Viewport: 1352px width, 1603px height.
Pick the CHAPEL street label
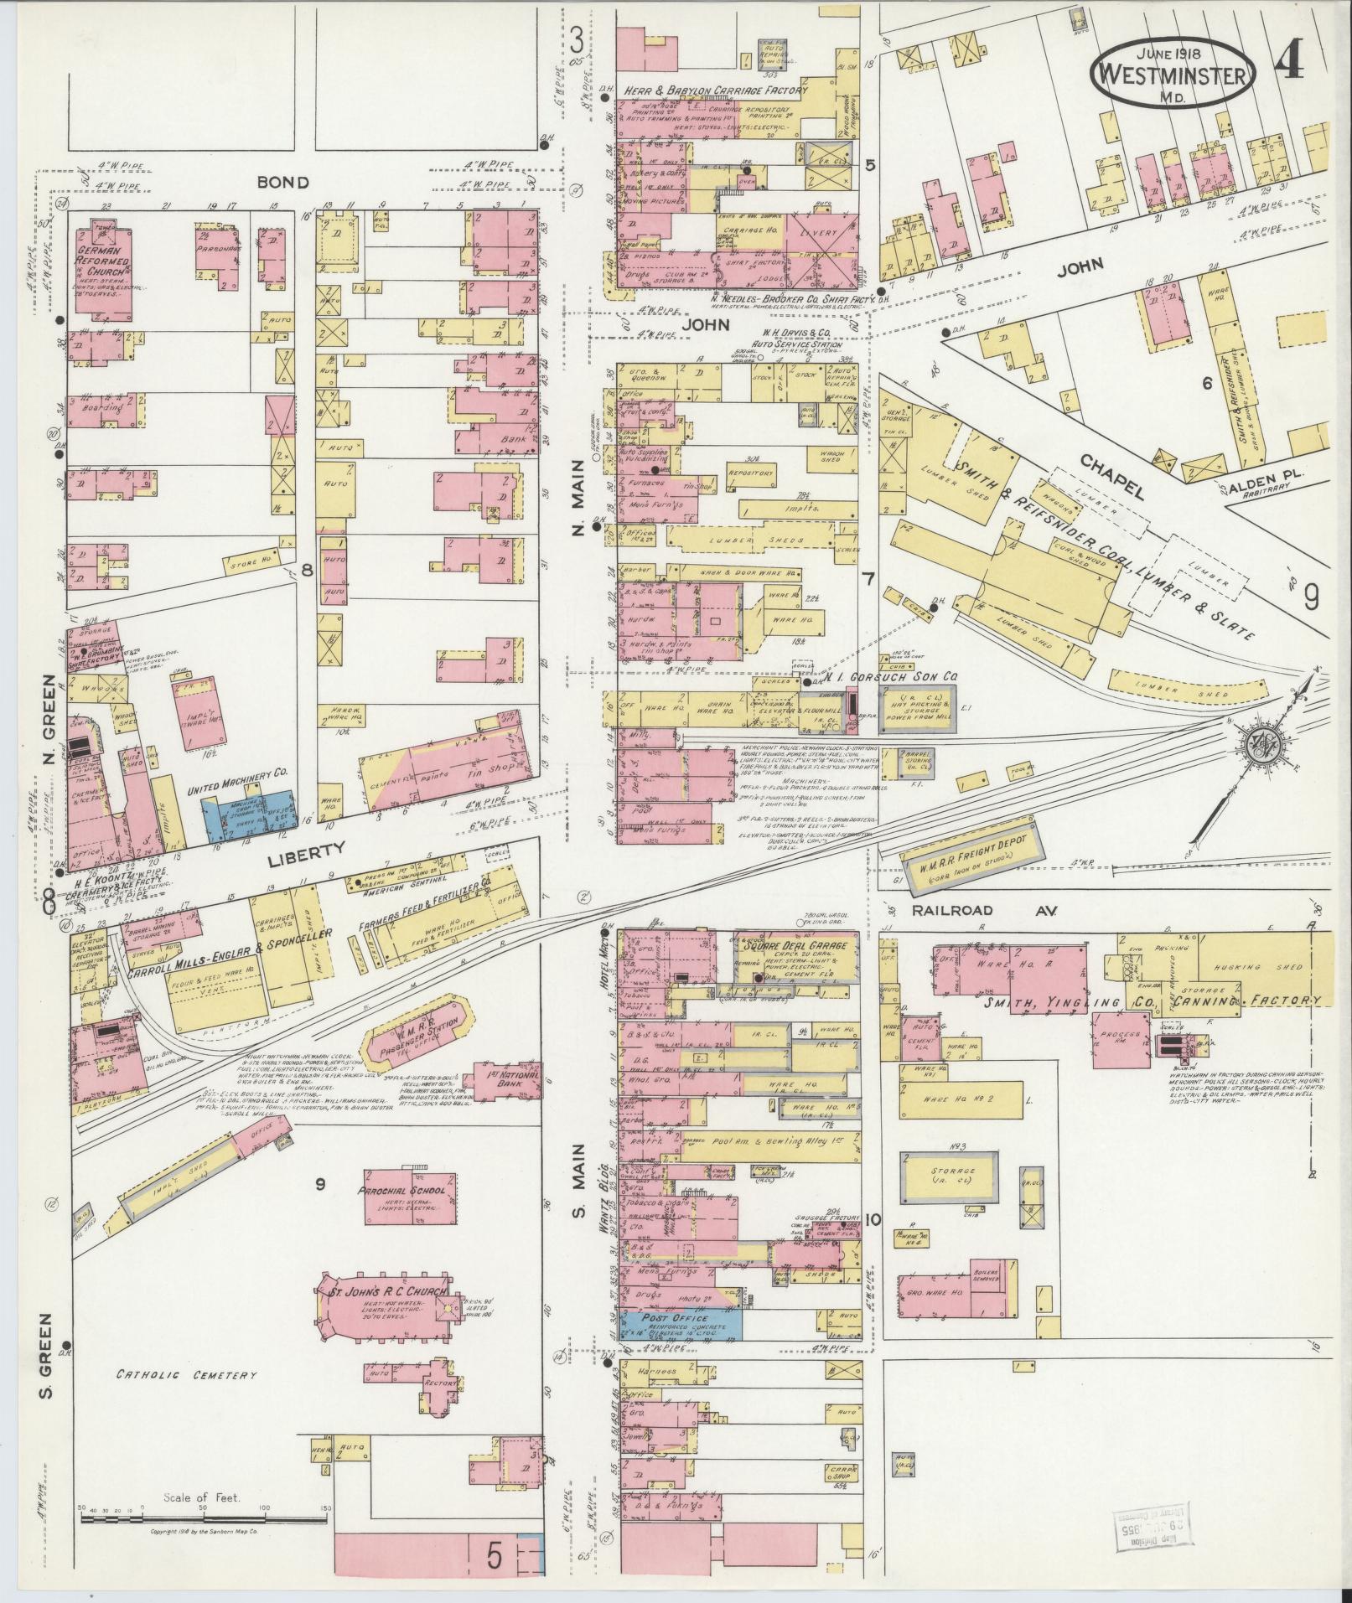click(x=1111, y=475)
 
